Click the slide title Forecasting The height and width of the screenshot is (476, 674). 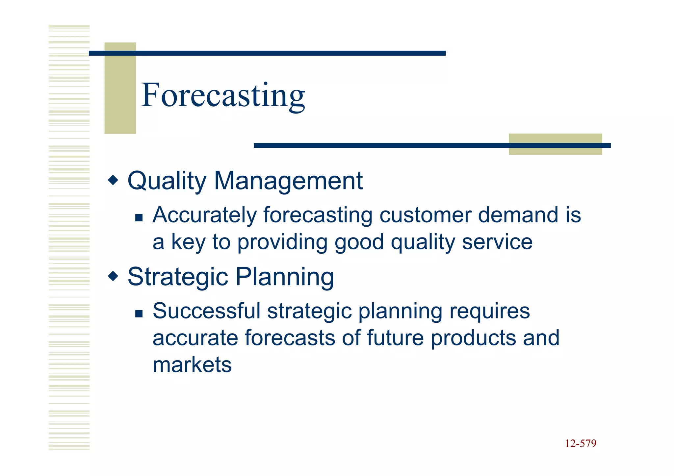[x=223, y=95]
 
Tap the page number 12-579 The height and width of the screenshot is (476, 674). [x=581, y=443]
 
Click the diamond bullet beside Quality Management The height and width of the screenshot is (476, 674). [x=113, y=180]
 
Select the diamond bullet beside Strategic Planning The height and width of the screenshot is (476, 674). [x=113, y=276]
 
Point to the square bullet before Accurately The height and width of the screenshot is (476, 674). [x=139, y=217]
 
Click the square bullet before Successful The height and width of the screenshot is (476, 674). [x=139, y=313]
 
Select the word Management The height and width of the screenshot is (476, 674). [x=288, y=181]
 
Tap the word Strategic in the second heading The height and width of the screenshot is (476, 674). [x=178, y=277]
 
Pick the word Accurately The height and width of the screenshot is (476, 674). [x=204, y=215]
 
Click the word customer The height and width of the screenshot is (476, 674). [x=425, y=215]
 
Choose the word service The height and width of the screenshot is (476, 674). [x=497, y=242]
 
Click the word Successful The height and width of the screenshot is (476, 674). [x=207, y=311]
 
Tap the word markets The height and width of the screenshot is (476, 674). [x=192, y=365]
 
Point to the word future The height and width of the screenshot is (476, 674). [x=395, y=338]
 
